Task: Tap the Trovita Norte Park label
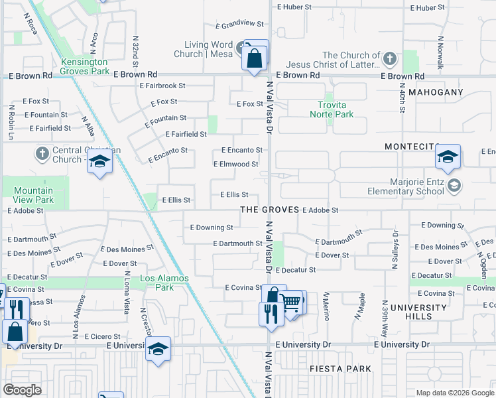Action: click(332, 109)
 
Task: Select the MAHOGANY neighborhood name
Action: click(434, 92)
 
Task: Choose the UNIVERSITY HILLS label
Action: click(418, 312)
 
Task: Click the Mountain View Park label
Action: click(34, 195)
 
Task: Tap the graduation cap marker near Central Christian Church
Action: click(99, 162)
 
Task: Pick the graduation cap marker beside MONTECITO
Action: click(448, 157)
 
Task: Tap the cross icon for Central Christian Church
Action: click(41, 154)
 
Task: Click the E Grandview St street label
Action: click(243, 23)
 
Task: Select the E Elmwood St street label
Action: click(235, 164)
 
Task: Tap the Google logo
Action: click(23, 390)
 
